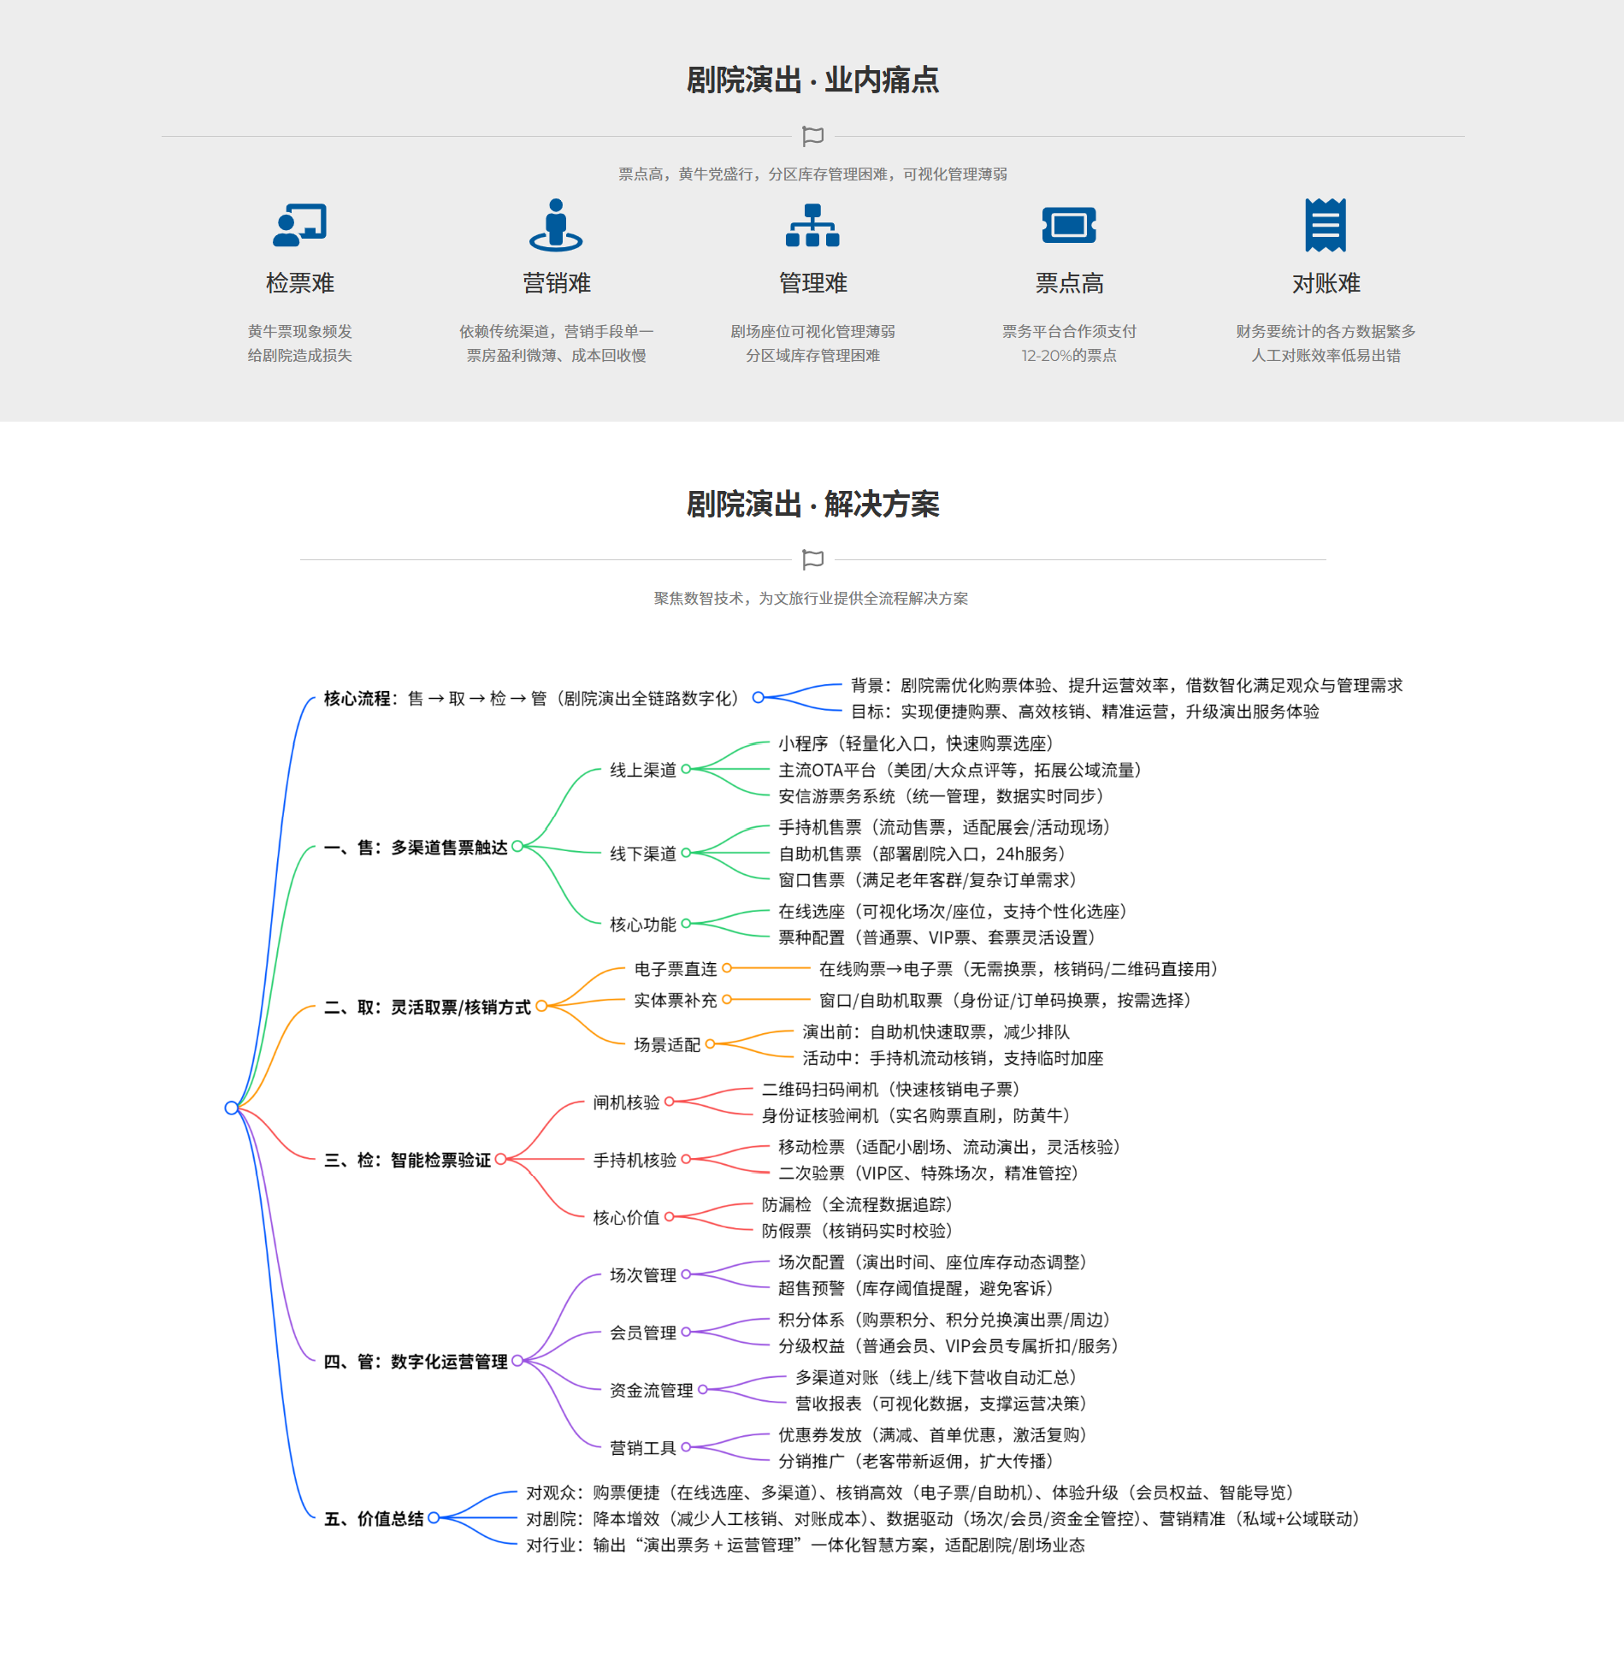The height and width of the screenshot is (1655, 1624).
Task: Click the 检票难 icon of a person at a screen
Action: tap(299, 225)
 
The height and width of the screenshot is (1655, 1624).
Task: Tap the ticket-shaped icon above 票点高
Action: tap(1069, 225)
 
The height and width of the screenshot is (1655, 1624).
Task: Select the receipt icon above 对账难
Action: tap(1326, 225)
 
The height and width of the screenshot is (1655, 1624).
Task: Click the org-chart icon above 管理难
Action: tap(812, 225)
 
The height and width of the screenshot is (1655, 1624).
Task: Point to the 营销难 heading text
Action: tap(557, 283)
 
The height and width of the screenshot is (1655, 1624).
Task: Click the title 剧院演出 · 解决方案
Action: tap(812, 505)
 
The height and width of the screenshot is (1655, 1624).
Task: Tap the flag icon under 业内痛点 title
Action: tap(812, 136)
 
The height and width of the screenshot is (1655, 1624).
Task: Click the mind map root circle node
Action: tap(231, 1108)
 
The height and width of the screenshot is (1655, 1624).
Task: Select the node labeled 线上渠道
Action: tap(643, 770)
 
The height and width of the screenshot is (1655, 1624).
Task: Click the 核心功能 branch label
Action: tap(643, 924)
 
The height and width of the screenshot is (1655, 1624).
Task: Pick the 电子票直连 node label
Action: tap(676, 968)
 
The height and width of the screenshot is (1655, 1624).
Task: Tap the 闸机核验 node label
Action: tap(627, 1102)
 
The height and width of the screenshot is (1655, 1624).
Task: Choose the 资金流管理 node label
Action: tap(652, 1390)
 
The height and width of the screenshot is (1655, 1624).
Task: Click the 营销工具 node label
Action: tap(643, 1447)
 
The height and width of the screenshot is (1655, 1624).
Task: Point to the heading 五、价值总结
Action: tap(374, 1518)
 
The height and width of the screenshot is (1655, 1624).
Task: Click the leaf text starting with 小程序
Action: tap(916, 743)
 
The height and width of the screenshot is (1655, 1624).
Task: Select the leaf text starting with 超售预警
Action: tap(916, 1288)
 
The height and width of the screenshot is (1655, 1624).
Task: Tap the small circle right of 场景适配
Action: tap(710, 1043)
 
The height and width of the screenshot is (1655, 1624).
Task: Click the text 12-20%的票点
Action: tap(1069, 355)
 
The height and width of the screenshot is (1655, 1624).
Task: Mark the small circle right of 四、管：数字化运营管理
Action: tap(517, 1361)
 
